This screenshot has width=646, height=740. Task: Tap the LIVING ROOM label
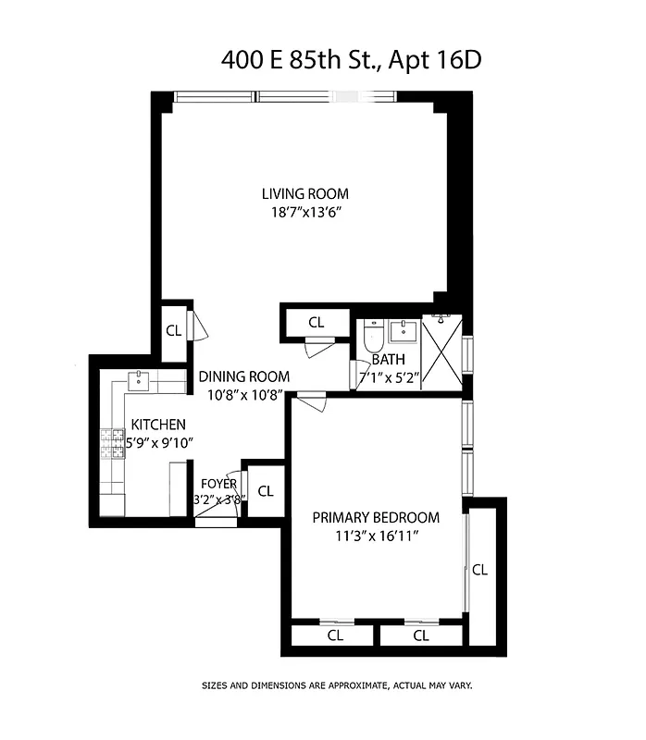304,193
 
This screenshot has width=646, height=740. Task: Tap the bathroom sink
404,330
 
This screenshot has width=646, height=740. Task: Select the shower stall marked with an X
441,352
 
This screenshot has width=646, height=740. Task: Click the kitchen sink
139,379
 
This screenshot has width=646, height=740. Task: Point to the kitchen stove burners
113,444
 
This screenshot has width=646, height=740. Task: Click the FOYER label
218,483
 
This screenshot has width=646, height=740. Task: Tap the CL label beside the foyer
266,491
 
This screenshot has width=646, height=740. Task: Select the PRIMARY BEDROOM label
375,517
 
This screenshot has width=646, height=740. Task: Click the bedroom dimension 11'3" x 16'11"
375,536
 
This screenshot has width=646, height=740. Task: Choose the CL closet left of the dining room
173,330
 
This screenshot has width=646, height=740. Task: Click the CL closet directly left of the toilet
317,323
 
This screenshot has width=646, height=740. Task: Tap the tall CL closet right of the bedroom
479,570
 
